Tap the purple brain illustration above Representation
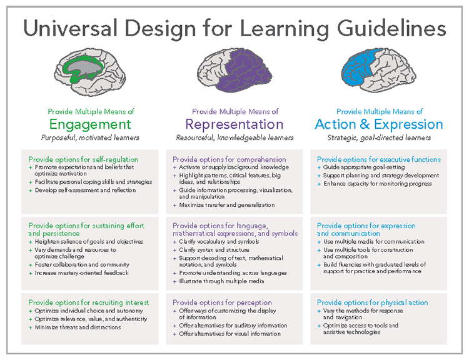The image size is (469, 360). tap(233, 69)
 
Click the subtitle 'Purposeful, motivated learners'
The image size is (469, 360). tap(90, 137)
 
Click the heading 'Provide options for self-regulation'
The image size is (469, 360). tap(83, 159)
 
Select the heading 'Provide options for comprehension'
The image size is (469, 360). tap(229, 159)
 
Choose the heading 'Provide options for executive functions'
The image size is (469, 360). tap(379, 159)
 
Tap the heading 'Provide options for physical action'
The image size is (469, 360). tap(372, 302)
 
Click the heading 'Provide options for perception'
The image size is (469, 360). tap(222, 302)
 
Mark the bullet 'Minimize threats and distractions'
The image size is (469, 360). tap(78, 327)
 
